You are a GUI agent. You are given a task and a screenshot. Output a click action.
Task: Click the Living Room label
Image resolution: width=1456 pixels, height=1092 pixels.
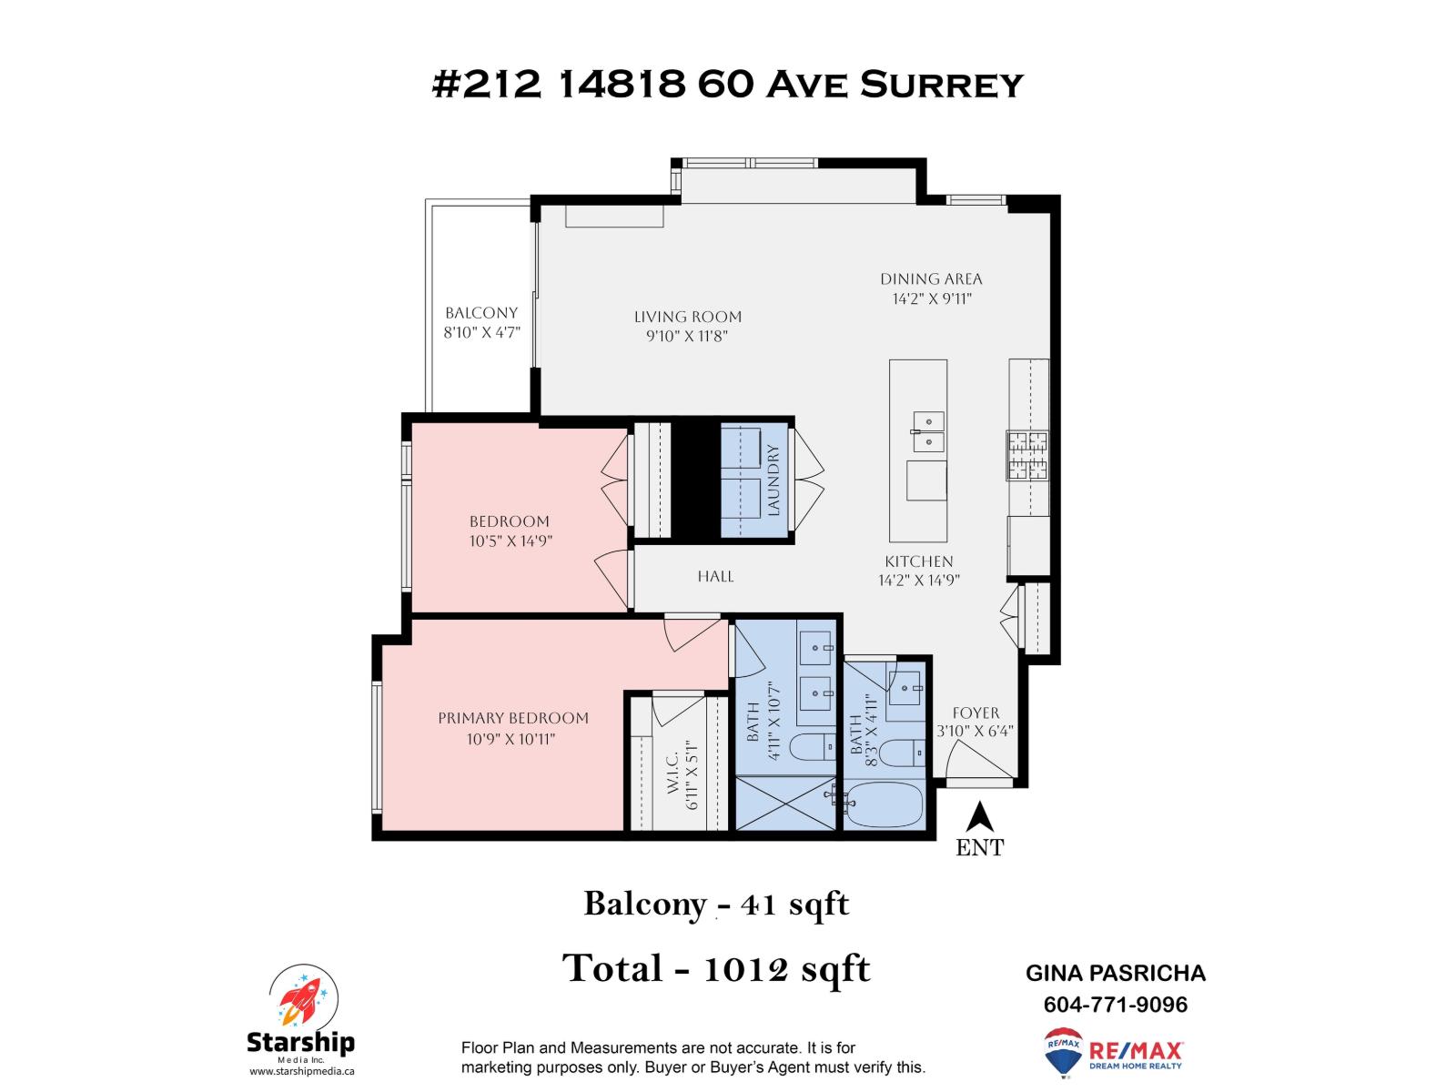click(688, 317)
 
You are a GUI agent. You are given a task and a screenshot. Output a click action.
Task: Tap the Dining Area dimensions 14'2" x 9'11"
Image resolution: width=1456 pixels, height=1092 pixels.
click(931, 298)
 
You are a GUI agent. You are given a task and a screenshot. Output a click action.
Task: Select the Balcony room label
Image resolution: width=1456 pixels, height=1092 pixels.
click(480, 313)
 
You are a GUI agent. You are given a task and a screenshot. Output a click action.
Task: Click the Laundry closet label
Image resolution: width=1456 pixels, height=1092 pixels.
click(773, 480)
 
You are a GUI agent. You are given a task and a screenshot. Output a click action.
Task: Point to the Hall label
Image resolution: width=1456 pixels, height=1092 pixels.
click(715, 576)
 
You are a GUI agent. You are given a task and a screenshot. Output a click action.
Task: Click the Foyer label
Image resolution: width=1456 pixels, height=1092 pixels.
click(976, 713)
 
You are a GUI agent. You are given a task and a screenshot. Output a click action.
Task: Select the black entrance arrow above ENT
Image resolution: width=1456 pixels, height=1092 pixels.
click(978, 816)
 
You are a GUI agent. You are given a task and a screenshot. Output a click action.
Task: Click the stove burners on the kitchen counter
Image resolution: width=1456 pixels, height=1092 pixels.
click(1027, 455)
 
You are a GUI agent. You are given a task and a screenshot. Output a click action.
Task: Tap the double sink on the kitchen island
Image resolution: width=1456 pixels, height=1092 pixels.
click(928, 430)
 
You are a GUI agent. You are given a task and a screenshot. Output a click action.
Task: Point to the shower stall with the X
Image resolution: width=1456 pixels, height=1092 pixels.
click(784, 803)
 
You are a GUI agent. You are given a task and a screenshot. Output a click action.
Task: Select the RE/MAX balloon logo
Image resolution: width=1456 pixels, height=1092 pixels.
click(1062, 1052)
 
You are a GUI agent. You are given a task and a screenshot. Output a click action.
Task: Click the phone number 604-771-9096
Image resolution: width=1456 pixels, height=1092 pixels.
click(1115, 1005)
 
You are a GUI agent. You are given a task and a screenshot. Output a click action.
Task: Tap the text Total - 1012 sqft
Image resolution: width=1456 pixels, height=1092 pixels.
click(716, 968)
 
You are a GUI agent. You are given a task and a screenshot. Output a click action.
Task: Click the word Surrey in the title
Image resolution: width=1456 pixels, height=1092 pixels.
click(942, 85)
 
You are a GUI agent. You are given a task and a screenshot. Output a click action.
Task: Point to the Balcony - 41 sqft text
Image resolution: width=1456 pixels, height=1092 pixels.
click(716, 905)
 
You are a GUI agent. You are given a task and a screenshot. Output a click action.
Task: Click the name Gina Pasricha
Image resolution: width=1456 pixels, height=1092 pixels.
click(1115, 973)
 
